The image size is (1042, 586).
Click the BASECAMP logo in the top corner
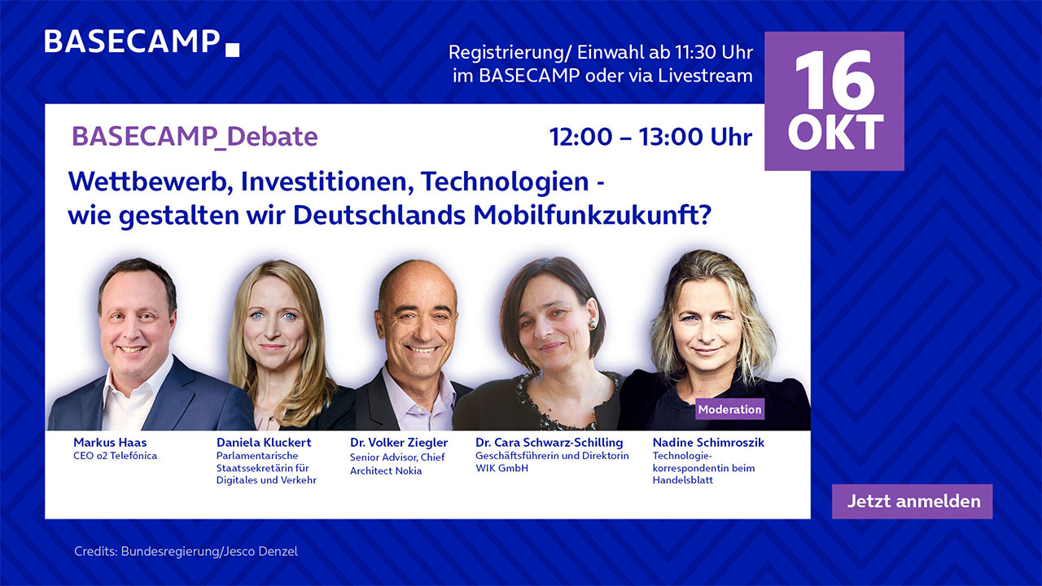(x=142, y=42)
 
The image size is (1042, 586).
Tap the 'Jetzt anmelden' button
(x=913, y=501)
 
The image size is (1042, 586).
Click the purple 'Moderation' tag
(x=729, y=409)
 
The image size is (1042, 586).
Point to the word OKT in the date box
(x=835, y=133)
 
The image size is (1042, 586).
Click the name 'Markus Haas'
(x=110, y=442)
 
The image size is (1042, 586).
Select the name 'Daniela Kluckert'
(x=264, y=442)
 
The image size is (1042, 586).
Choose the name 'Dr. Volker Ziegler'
(x=399, y=442)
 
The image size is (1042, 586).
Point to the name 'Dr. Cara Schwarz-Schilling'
(x=549, y=442)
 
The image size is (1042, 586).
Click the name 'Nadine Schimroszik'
(x=708, y=442)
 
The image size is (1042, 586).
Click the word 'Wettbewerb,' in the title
(x=151, y=181)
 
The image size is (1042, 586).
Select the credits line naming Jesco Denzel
(x=186, y=552)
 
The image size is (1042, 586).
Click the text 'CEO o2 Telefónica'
(x=115, y=456)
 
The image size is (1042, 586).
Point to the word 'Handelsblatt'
(x=682, y=480)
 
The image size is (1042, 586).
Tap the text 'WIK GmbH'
(x=501, y=468)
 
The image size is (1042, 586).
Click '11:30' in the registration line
(x=690, y=53)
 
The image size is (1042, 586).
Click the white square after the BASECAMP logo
(x=232, y=50)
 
